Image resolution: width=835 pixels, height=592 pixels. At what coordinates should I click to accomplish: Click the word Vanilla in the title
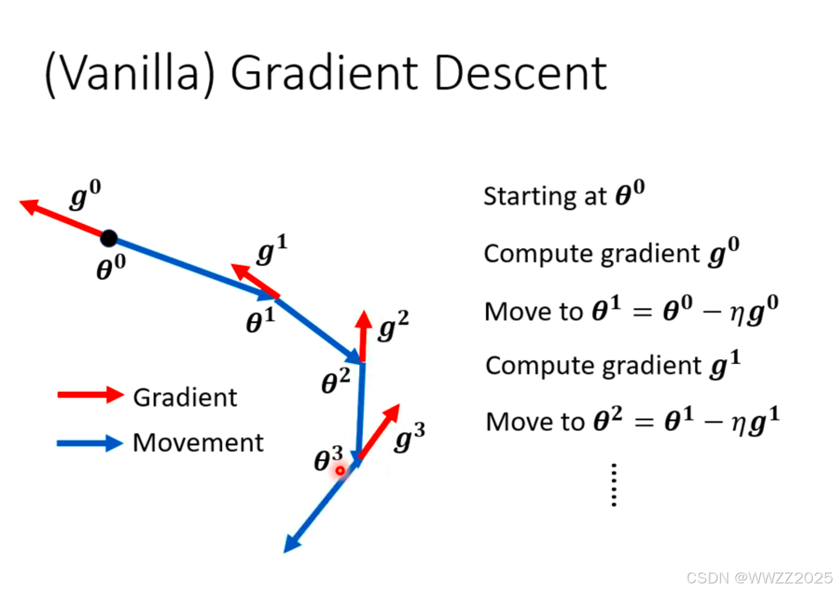130,73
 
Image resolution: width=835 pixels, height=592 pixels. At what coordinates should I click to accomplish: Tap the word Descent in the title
520,73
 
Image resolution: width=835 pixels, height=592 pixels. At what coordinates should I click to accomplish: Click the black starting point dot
109,238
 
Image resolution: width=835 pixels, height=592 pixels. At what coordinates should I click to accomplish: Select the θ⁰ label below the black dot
111,268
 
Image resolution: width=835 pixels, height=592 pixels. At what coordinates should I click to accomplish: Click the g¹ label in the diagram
272,249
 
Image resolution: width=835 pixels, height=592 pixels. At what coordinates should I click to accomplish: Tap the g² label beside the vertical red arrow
393,326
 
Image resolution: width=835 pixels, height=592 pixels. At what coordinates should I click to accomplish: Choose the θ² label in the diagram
335,381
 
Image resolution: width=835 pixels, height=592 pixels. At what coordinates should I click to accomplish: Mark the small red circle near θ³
340,470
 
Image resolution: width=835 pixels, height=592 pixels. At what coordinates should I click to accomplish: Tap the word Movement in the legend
198,443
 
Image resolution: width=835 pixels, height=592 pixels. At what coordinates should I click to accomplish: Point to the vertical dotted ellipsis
613,485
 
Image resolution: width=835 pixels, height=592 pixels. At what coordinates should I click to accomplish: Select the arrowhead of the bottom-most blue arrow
291,545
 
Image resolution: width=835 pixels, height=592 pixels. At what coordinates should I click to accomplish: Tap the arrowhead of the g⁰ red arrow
28,206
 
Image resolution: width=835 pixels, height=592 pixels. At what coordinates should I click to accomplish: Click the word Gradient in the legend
185,397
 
